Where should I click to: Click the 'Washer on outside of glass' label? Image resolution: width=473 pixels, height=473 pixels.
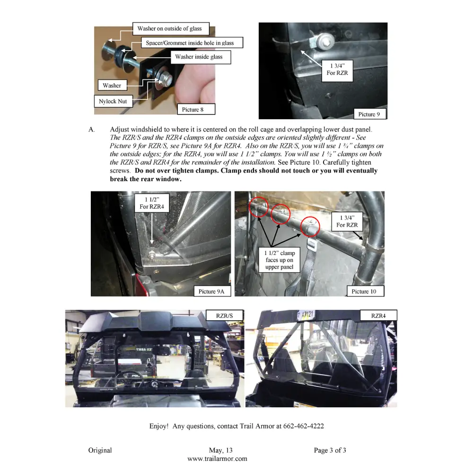pos(169,29)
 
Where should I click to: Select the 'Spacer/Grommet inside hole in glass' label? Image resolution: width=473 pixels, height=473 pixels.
pos(190,43)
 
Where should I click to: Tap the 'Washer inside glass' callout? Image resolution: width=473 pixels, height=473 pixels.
pos(199,57)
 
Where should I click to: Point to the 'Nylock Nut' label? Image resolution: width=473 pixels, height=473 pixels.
pos(113,101)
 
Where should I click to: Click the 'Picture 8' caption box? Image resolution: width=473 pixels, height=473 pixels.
pos(193,110)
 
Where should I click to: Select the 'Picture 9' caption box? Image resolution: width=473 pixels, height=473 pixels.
pos(369,114)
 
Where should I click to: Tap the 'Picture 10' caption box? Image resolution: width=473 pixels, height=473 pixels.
pos(364,291)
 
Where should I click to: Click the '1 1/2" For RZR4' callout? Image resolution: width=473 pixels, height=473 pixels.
pos(152,203)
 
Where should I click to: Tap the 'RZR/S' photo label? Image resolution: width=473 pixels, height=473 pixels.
pos(225,315)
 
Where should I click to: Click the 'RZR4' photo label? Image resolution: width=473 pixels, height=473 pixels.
pos(378,315)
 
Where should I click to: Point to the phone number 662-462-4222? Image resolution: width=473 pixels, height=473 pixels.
pos(304,426)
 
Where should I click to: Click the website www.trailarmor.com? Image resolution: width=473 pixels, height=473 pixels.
pos(217,458)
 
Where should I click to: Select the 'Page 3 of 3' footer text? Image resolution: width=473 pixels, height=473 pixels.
pos(330,450)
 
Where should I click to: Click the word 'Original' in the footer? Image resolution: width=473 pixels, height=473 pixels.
pos(100,450)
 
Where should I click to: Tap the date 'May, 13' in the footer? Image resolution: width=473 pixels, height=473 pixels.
pos(220,450)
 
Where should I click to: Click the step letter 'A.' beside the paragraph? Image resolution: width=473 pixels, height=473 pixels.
pos(92,129)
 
